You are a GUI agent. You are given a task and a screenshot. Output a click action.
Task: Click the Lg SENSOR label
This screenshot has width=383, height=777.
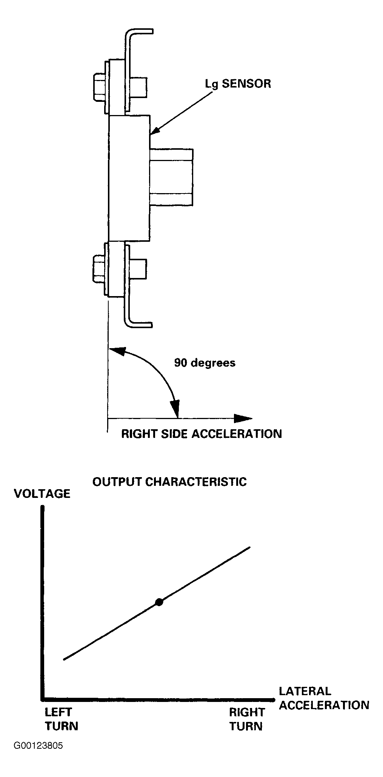click(238, 84)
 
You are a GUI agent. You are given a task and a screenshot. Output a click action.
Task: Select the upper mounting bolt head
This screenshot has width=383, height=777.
click(99, 87)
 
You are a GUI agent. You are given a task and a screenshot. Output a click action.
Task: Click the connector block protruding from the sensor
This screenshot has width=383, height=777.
click(172, 177)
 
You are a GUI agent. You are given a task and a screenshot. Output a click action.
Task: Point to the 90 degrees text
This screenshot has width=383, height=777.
click(205, 363)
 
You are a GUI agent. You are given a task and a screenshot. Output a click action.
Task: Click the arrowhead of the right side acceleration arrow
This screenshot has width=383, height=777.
click(243, 418)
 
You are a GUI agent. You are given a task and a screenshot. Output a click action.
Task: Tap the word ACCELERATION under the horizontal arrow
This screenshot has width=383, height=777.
click(237, 434)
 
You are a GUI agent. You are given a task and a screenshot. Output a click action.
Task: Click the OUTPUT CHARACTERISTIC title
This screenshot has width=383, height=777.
click(169, 482)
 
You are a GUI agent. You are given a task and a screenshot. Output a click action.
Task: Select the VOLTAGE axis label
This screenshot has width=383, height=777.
click(42, 494)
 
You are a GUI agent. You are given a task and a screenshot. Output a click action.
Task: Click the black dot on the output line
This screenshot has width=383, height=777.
click(159, 602)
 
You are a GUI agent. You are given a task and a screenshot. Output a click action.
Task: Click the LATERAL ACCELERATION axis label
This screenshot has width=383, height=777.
click(323, 698)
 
